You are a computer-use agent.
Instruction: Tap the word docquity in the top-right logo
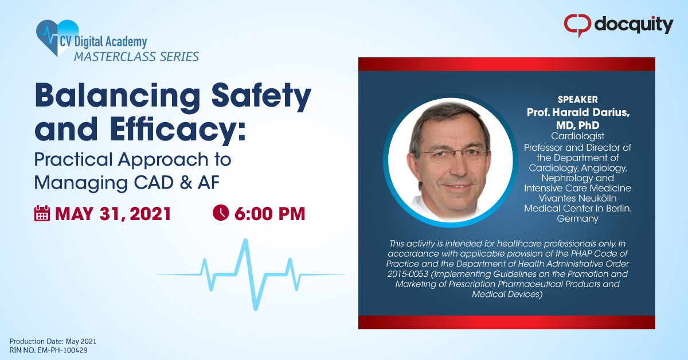(x=633, y=25)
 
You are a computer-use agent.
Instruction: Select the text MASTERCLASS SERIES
(x=135, y=56)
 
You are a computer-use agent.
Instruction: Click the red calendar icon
(x=42, y=213)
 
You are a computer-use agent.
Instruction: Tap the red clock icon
(x=221, y=213)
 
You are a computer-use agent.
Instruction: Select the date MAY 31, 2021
(x=113, y=214)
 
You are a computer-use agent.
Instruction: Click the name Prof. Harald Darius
(x=578, y=112)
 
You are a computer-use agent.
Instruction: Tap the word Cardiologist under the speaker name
(x=577, y=136)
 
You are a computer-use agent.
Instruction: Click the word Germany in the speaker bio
(x=577, y=218)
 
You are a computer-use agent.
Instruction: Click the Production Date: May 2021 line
(x=48, y=341)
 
